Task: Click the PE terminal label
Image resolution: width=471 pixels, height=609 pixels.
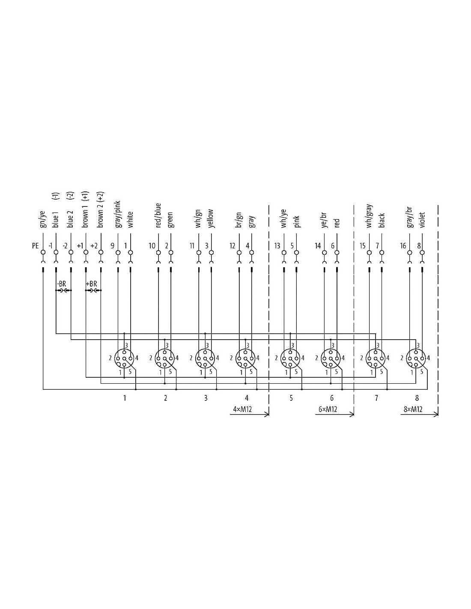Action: coord(35,246)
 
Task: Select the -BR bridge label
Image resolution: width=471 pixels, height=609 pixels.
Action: coord(61,284)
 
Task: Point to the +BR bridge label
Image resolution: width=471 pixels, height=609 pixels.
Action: coord(91,284)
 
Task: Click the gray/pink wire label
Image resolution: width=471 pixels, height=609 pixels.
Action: coord(118,215)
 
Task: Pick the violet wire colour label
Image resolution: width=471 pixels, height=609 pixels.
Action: coord(422,220)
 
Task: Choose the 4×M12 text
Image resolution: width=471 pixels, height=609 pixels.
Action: coord(242,409)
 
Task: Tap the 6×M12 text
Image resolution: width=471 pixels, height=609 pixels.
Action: coord(328,409)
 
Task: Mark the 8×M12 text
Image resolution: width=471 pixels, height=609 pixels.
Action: coord(413,409)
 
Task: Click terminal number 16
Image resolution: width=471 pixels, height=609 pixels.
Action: coord(403,246)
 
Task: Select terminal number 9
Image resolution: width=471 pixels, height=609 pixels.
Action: coord(112,246)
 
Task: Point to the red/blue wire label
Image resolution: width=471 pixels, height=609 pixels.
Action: coord(158,215)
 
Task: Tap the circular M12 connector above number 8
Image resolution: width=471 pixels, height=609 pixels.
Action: coord(416,358)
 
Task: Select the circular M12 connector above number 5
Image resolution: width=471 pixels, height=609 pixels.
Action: coord(290,358)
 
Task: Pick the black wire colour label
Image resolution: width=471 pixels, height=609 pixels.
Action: coord(382,220)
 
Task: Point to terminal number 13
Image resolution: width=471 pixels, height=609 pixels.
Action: coord(277,246)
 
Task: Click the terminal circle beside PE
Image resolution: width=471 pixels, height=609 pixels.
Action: coord(43,253)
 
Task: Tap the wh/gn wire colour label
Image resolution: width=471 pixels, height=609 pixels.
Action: coord(199,219)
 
